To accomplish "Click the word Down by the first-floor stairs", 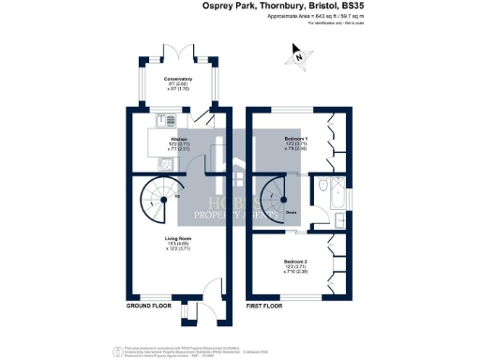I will [292, 212].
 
